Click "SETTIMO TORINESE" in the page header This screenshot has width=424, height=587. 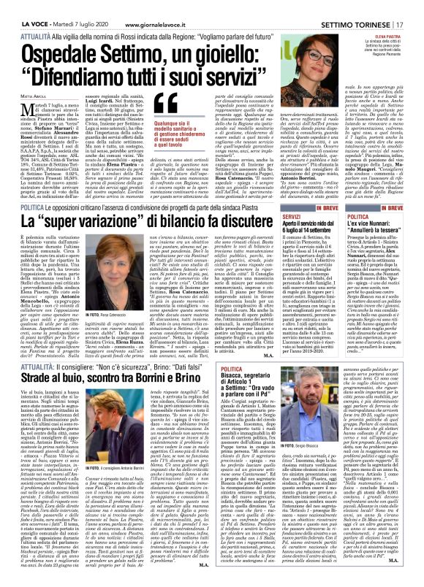click(x=361, y=7)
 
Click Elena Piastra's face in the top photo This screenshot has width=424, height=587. click(x=325, y=40)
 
